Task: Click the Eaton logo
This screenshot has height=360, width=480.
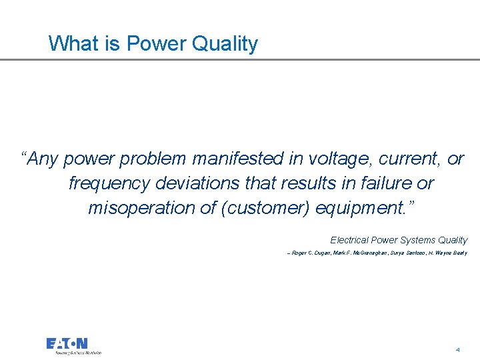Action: (x=67, y=344)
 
